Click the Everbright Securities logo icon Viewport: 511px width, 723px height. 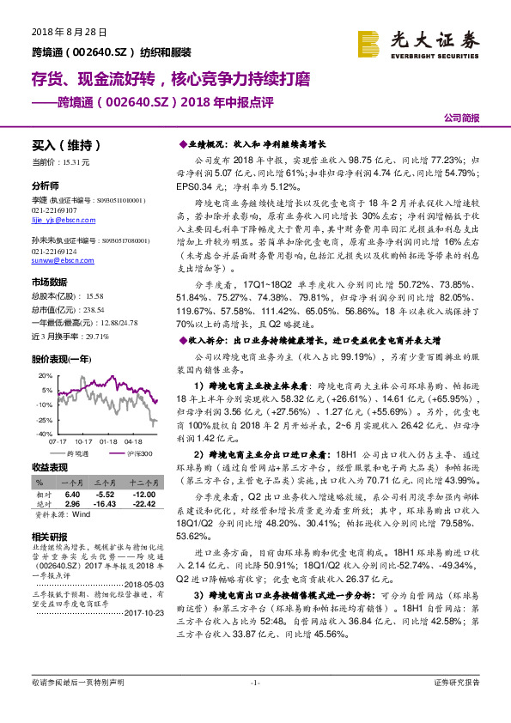[369, 42]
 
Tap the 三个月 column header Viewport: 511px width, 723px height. [105, 483]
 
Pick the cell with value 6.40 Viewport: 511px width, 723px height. [72, 494]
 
